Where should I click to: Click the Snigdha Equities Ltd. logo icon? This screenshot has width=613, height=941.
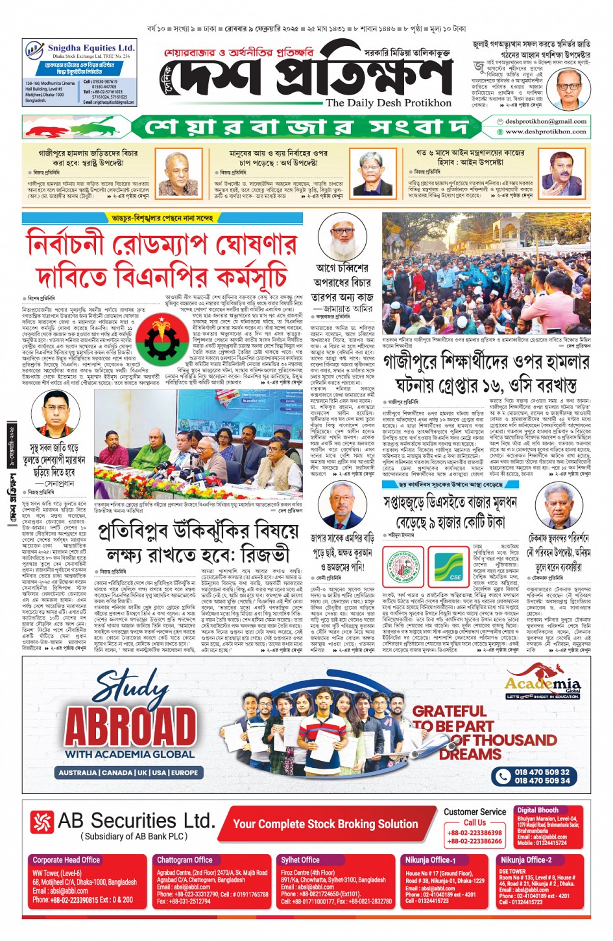(34, 50)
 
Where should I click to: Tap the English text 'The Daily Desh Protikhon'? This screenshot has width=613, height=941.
(389, 103)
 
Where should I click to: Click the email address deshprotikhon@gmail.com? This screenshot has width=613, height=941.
(546, 121)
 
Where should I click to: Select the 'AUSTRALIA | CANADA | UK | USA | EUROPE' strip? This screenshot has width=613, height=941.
(128, 773)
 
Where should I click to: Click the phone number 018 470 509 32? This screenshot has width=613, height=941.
(542, 772)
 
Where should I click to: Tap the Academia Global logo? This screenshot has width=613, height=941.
(543, 686)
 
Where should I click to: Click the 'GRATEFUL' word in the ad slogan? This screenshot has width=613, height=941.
(450, 711)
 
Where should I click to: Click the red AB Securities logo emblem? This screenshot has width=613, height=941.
(42, 822)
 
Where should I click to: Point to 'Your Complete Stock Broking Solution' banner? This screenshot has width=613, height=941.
(325, 824)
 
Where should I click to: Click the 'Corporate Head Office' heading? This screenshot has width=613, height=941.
(66, 860)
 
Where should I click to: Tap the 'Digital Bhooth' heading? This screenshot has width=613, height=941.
(538, 810)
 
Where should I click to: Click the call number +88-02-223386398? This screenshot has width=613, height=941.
(474, 833)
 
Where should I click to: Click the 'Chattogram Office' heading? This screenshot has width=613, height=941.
(185, 860)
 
